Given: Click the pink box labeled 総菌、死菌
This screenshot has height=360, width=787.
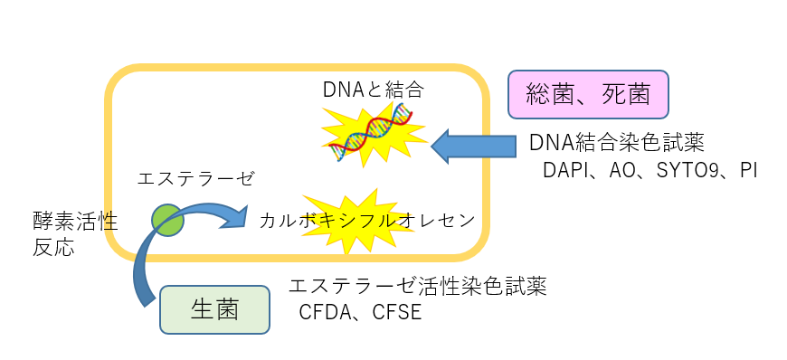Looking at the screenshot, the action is pos(588,94).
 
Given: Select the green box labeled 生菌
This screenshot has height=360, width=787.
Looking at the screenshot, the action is pos(214,309).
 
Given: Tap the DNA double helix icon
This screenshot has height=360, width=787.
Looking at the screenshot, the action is pos(371,131).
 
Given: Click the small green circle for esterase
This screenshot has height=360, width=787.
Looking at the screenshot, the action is pos(168,220).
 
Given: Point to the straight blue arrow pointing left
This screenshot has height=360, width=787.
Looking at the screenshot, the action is pos(473,147).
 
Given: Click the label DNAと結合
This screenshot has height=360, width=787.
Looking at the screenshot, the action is pos(374,90).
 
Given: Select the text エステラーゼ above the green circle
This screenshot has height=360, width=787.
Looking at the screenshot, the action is pos(195,178).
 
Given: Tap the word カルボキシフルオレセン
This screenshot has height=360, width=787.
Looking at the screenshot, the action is pos(367,221).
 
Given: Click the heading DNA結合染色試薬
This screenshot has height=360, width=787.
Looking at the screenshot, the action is pos(617,143).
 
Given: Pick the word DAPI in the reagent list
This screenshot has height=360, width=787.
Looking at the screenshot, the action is pos(564,171).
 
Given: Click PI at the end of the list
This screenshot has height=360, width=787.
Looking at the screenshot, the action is pos(748,171).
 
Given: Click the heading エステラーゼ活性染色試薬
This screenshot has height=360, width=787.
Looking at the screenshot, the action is pos(418,287).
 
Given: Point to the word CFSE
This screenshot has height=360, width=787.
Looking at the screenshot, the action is pos(397,312).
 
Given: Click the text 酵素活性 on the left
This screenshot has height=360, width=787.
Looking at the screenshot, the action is pos(75,221).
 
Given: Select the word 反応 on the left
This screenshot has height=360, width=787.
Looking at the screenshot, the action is pos(53,248).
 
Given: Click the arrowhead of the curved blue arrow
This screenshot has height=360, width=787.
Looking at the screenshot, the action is pos(236,216).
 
